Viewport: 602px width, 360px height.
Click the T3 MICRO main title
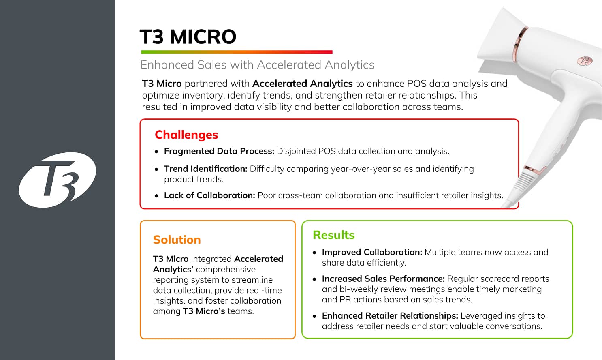(x=188, y=37)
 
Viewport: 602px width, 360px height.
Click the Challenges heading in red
(x=186, y=135)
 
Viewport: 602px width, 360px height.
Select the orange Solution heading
(x=177, y=240)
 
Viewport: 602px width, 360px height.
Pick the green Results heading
(x=333, y=235)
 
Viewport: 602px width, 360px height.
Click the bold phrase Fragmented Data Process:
(x=219, y=151)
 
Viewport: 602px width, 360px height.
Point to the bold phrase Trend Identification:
(x=205, y=169)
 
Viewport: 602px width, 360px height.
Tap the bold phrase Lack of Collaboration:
(x=209, y=195)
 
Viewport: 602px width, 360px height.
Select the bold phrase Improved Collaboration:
(x=372, y=252)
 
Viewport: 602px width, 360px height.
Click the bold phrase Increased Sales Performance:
(x=383, y=279)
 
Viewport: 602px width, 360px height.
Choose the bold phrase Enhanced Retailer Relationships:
(x=390, y=316)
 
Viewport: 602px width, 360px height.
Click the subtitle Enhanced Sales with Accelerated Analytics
(x=257, y=65)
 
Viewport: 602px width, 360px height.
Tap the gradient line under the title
(x=237, y=52)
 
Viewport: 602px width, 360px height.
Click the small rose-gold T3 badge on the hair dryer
(x=585, y=61)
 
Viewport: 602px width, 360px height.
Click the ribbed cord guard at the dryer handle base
(x=523, y=182)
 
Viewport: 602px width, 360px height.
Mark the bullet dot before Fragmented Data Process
(x=157, y=152)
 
